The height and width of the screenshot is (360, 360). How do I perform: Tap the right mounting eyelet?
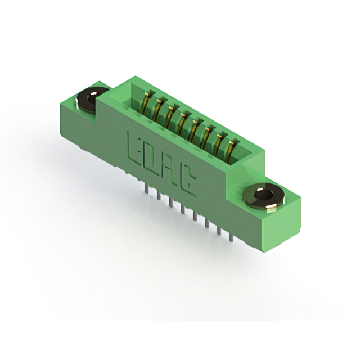point(264,196)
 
